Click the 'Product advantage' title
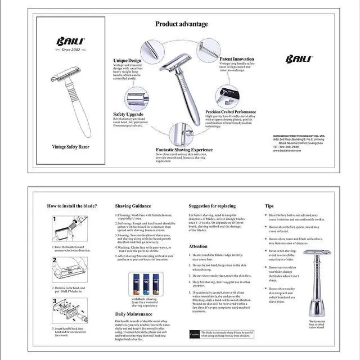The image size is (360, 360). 181,24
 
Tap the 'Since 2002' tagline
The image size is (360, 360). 70,50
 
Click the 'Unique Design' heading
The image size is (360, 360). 127,60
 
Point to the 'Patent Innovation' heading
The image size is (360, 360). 236,58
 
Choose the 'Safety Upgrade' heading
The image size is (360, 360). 128,114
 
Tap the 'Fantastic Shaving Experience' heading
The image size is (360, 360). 184,150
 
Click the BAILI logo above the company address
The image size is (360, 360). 295,59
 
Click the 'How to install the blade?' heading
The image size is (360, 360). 72,206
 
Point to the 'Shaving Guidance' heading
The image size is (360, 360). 133,206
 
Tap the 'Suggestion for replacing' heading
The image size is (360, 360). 212,206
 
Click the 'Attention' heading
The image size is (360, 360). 198,246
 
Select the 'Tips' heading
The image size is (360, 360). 270,206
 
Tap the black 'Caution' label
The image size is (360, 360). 194,334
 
